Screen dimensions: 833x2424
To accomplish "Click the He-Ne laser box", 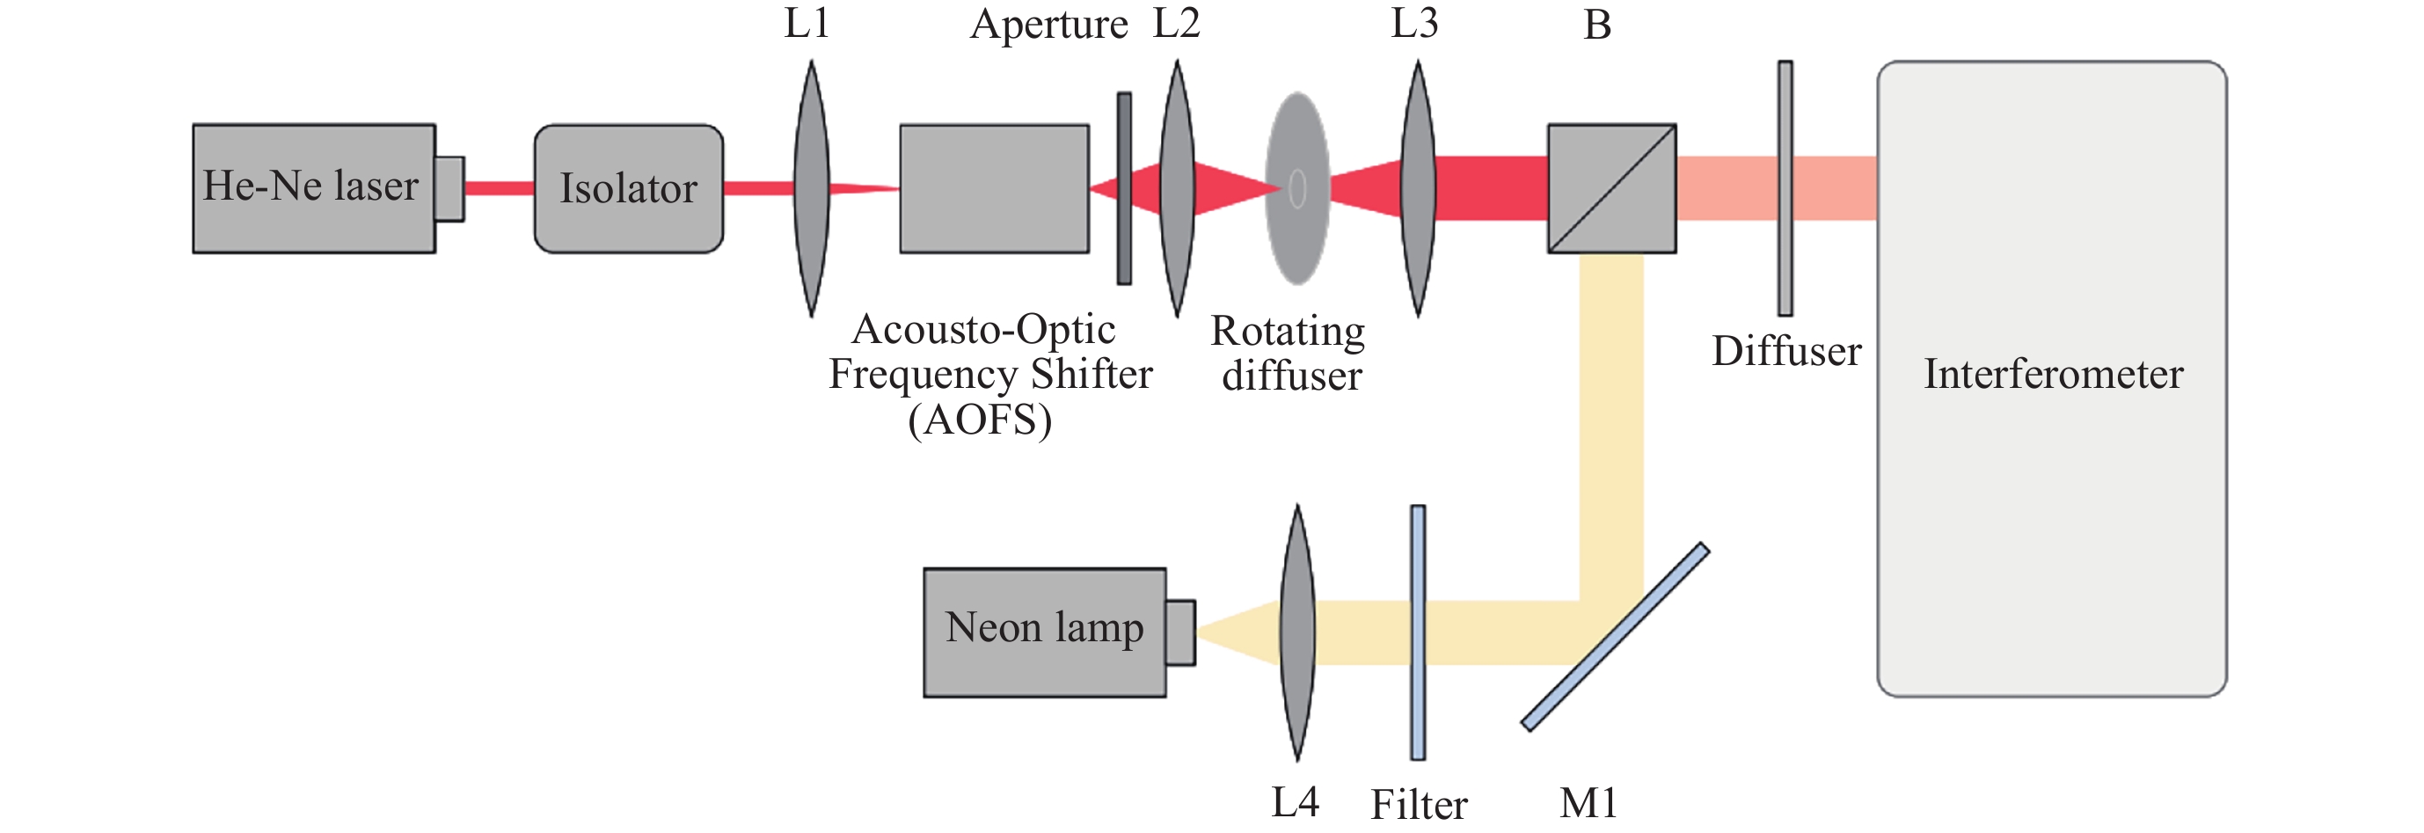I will (313, 188).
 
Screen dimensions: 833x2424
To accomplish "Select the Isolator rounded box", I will (629, 188).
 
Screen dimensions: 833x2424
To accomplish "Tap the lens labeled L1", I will (811, 188).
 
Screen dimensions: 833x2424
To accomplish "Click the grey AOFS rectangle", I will (994, 188).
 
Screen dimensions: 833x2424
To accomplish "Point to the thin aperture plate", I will (1123, 188).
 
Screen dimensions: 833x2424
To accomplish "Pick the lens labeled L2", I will (1176, 188).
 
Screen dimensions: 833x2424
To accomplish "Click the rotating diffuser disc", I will (1296, 188).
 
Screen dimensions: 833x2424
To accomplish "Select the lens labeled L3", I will (1417, 188).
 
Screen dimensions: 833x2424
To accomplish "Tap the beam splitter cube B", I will (1611, 188).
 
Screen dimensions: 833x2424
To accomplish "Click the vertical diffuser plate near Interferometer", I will (1784, 188).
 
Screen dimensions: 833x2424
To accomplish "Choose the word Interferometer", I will (2052, 375).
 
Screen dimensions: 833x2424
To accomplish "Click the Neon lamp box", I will (1045, 632).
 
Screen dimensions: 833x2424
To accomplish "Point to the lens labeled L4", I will (1296, 632).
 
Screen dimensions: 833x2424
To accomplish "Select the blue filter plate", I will (1417, 632).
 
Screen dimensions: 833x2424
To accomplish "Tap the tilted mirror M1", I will (1615, 636).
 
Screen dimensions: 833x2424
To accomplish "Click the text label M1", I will (1588, 803).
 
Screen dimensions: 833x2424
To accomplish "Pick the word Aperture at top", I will (1048, 25).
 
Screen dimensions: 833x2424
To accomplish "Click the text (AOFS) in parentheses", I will (980, 420).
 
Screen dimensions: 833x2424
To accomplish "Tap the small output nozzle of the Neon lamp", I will (1180, 632).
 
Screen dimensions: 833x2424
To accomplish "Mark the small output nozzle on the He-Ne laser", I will (449, 188).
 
